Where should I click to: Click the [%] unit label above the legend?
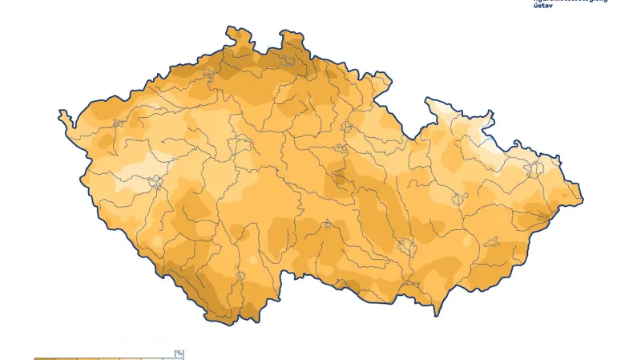pyautogui.click(x=179, y=353)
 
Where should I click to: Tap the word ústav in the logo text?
pyautogui.click(x=542, y=6)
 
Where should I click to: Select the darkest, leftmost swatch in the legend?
pyautogui.click(x=45, y=358)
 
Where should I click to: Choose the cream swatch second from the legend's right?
pyautogui.click(x=152, y=358)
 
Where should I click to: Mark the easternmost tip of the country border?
pyautogui.click(x=583, y=197)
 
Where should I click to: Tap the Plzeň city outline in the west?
pyautogui.click(x=155, y=183)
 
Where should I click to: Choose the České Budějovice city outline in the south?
pyautogui.click(x=238, y=277)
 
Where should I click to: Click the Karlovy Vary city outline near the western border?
pyautogui.click(x=118, y=124)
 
